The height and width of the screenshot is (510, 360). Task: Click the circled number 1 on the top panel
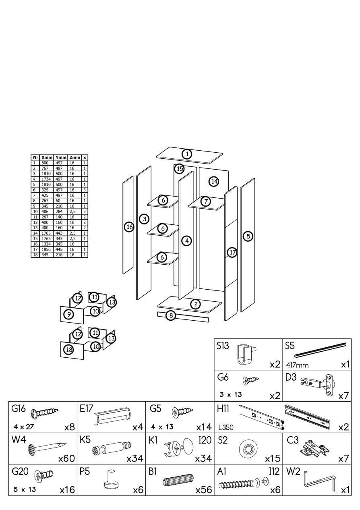click(x=186, y=153)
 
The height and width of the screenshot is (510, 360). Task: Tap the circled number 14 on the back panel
click(x=214, y=181)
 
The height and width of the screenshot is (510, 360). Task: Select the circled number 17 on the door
click(x=232, y=253)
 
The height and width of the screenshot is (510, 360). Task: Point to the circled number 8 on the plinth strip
click(x=171, y=315)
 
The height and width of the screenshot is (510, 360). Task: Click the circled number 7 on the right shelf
click(x=205, y=201)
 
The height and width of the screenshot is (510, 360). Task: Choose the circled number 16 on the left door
click(x=129, y=227)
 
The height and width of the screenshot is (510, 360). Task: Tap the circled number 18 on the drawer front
click(x=69, y=349)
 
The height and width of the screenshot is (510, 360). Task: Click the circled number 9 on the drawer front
click(x=69, y=314)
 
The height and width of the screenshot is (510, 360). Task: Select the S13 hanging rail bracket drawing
click(x=245, y=353)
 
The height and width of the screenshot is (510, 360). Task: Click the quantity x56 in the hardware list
click(x=204, y=490)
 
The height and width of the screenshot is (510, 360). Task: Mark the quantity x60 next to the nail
click(x=67, y=458)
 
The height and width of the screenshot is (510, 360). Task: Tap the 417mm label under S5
click(x=297, y=365)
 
